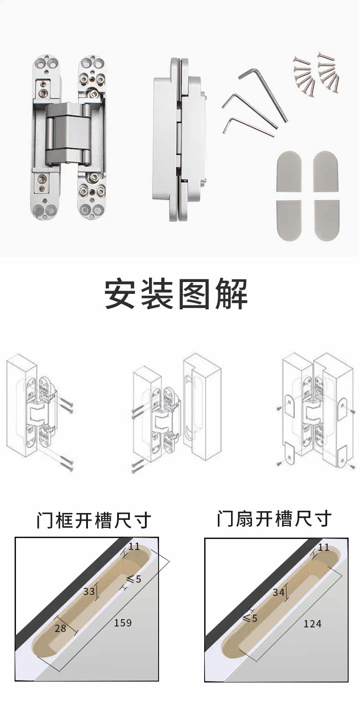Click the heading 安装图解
click(176, 294)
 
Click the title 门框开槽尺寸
click(93, 520)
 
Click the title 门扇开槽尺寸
click(274, 518)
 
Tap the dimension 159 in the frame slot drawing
click(123, 622)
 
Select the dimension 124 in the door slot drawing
click(312, 624)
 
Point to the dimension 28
click(60, 628)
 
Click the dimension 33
click(89, 591)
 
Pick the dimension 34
click(278, 592)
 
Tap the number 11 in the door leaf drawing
click(323, 547)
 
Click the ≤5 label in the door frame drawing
click(134, 579)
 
